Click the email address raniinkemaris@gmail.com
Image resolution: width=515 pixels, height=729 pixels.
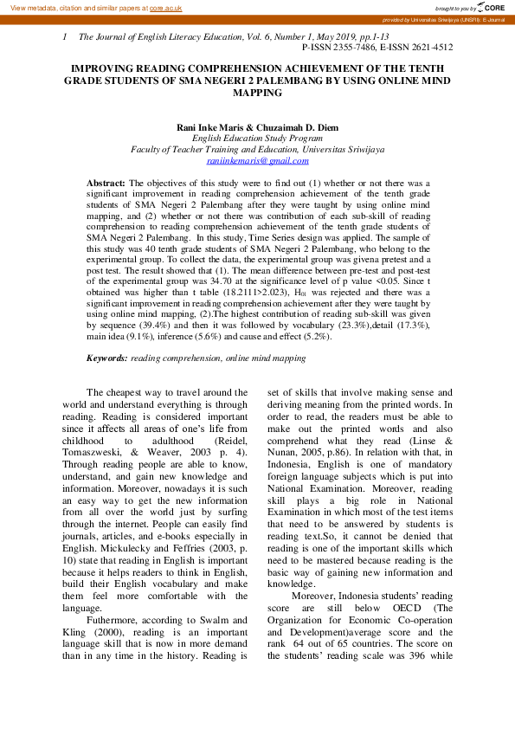257,160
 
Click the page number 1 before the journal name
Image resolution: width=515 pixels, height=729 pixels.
65,38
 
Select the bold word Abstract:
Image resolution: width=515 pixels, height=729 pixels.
106,184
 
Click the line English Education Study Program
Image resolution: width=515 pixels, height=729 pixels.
257,138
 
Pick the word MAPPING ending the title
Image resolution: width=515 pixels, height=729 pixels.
258,91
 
